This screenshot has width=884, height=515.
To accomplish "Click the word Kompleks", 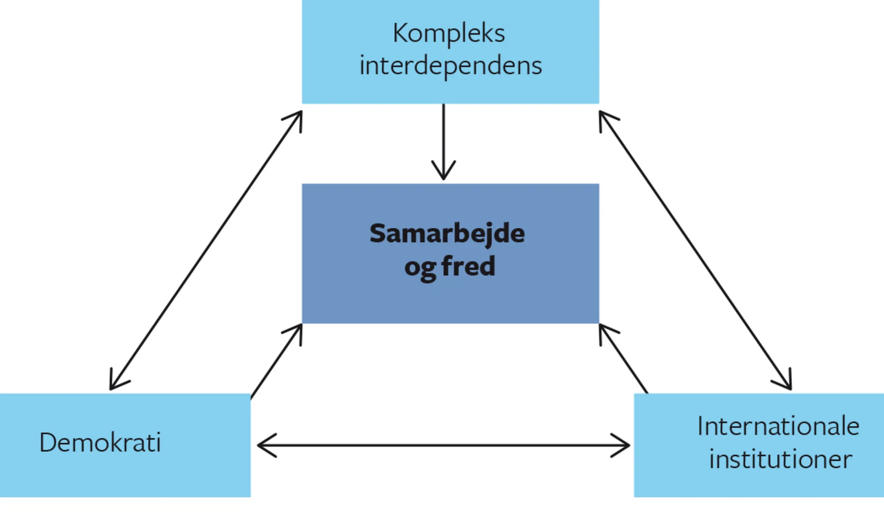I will click(x=449, y=34).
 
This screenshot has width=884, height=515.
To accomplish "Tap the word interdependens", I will click(x=450, y=66).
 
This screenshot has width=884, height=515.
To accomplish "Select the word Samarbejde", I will click(x=447, y=233).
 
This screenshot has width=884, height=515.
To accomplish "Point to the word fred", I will click(x=468, y=266).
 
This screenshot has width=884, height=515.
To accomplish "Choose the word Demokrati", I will click(x=100, y=443).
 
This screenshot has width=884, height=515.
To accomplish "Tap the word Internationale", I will click(x=778, y=427).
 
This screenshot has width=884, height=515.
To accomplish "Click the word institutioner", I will click(x=780, y=459).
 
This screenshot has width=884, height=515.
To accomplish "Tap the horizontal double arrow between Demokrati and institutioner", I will click(x=443, y=446).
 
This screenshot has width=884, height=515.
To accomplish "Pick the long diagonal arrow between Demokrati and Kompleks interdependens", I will click(x=206, y=250).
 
